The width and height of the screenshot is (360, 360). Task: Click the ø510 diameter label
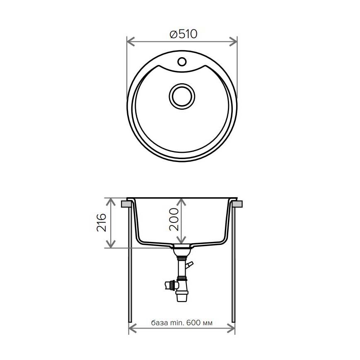tap(183, 34)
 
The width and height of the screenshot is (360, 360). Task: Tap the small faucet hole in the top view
tap(182, 62)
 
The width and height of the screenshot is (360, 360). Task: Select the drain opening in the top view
tap(182, 97)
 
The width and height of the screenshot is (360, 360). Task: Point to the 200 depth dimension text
tap(174, 219)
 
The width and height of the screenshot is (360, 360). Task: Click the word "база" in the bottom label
tap(159, 323)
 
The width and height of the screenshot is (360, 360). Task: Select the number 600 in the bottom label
tap(193, 323)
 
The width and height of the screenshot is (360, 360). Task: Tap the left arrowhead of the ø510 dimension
tap(130, 42)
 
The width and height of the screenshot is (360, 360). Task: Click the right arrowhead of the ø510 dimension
tap(233, 42)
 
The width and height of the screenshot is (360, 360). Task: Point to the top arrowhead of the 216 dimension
tap(111, 202)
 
